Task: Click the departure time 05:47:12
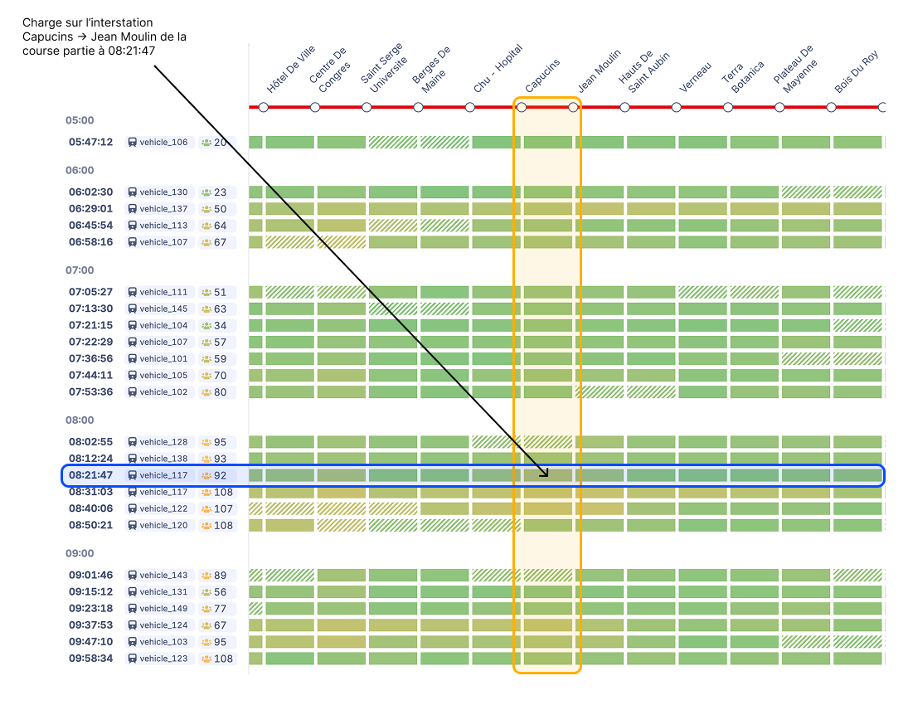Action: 91,142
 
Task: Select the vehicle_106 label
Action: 163,143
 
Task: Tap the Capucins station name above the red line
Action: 542,75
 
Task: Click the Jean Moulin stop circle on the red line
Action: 573,107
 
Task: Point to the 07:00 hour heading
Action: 80,270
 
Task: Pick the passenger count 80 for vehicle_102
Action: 220,392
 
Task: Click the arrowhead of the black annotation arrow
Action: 544,473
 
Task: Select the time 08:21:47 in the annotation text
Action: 132,51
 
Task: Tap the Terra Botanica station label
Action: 743,75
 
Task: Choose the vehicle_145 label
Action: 163,309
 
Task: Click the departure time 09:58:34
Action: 91,659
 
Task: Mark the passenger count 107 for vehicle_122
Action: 223,508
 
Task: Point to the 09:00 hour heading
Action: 80,553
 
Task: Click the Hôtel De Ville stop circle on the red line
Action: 264,107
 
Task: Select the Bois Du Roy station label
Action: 857,72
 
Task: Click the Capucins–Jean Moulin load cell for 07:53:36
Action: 548,392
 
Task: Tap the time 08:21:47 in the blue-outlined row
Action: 91,475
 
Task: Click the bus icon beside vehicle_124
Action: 132,625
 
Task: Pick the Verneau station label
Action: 695,78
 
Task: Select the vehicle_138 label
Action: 163,459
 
